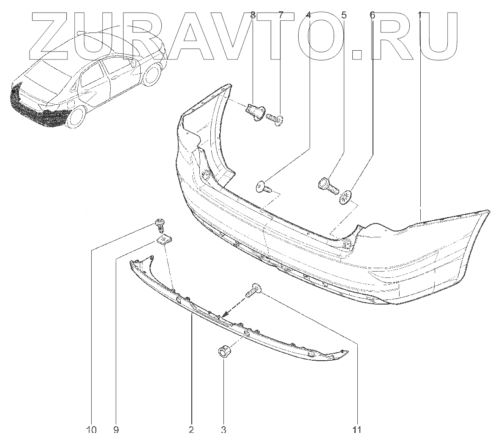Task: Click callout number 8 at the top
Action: click(x=253, y=16)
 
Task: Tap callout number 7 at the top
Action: click(x=280, y=16)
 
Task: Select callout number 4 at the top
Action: click(x=308, y=16)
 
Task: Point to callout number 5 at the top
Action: click(x=343, y=16)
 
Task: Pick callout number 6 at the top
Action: click(x=372, y=16)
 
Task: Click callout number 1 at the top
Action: click(x=420, y=16)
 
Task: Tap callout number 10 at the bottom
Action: click(x=92, y=430)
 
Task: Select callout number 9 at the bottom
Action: click(x=116, y=430)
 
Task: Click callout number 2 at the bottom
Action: click(x=191, y=430)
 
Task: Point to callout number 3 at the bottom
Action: click(x=223, y=430)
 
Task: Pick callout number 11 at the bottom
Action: click(x=357, y=430)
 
